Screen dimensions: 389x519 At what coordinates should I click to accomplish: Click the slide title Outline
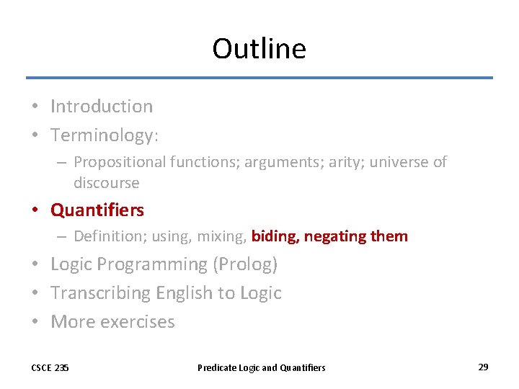point(259,49)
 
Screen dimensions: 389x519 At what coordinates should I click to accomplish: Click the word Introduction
point(102,107)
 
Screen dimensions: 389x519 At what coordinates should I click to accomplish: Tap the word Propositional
point(120,163)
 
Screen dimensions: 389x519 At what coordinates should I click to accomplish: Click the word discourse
point(106,183)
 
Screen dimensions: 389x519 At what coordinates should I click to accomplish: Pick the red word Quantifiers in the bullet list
point(97,210)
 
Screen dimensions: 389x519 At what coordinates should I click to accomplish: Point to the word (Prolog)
point(244,264)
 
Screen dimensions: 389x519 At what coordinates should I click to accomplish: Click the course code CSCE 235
point(50,368)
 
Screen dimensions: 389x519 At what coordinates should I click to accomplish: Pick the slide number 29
point(483,367)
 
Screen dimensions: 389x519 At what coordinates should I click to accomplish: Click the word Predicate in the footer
point(216,368)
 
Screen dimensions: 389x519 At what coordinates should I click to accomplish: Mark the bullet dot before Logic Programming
point(35,265)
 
